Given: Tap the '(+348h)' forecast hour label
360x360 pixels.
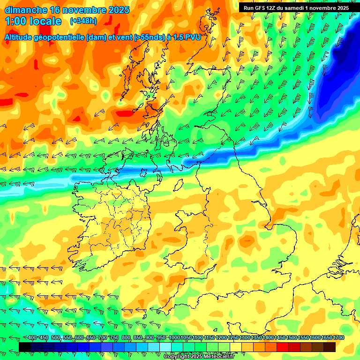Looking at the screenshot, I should [84, 21].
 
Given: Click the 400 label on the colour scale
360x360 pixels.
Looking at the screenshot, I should [32, 338].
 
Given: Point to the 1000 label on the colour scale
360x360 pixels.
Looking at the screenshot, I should [174, 338].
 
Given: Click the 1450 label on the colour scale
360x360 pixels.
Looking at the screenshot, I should [280, 338].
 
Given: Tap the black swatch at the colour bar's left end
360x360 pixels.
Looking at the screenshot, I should [25, 347].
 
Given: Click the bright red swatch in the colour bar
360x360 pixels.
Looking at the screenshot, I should [283, 347].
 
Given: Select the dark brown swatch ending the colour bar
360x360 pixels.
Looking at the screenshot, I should [330, 347].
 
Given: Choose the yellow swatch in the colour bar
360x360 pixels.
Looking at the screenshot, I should [236, 347].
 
